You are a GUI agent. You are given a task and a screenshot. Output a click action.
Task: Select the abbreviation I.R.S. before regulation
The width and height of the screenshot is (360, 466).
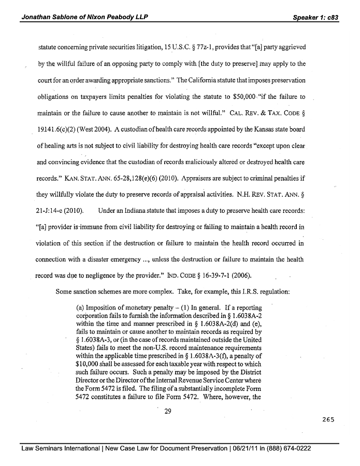(x=235, y=291)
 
